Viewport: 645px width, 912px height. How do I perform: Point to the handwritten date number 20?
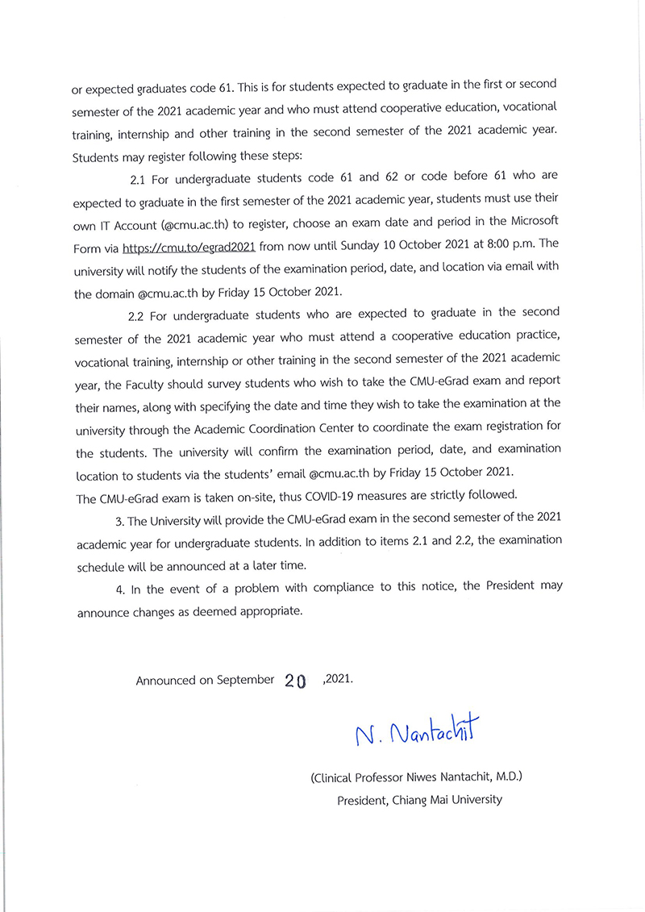(x=296, y=681)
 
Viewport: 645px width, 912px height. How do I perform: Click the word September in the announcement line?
(x=246, y=680)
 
